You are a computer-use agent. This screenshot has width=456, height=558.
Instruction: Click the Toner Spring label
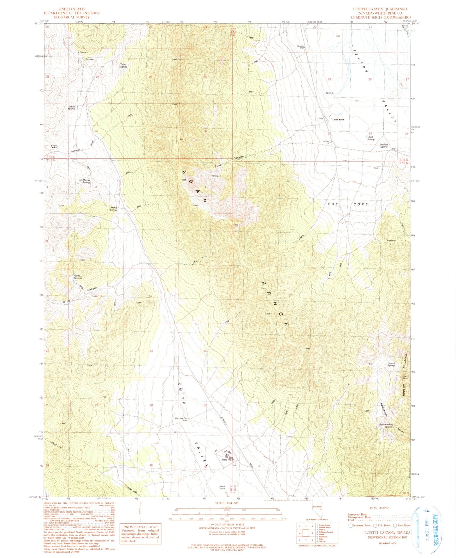tap(123, 66)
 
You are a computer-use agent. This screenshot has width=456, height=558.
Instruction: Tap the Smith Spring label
tap(71, 107)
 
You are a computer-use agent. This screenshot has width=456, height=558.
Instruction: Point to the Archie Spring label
tap(114, 209)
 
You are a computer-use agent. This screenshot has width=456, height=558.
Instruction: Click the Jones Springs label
tap(78, 277)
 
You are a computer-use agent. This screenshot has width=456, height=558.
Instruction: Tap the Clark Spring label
tap(371, 138)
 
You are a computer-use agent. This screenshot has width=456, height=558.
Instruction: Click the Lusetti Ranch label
tap(337, 120)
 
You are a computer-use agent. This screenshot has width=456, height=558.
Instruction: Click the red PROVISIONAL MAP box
tap(140, 533)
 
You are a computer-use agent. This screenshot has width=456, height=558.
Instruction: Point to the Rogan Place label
tap(54, 147)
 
